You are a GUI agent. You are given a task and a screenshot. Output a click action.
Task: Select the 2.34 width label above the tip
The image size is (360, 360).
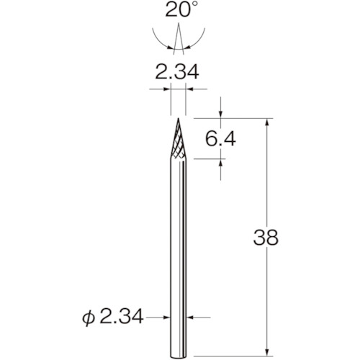pos(178,71)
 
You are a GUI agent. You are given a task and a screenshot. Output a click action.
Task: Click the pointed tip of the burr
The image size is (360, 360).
pos(178,118)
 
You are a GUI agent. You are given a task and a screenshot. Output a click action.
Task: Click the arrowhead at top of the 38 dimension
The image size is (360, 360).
pos(268,122)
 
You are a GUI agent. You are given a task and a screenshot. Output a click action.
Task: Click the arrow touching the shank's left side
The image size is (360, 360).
pos(167,316)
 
